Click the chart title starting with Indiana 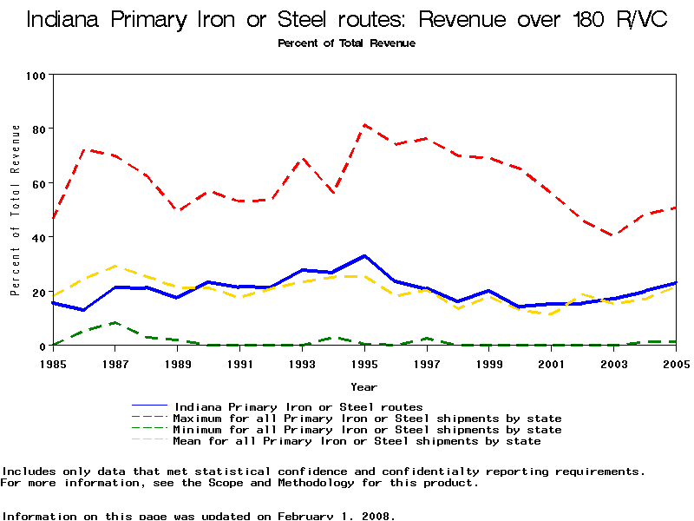coord(347,19)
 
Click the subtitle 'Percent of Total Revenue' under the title coord(347,43)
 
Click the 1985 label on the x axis coord(53,362)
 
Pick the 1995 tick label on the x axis coord(364,362)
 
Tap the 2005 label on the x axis coord(676,362)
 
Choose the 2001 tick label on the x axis coord(552,362)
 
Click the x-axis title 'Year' coord(363,386)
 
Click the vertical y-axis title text coord(16,210)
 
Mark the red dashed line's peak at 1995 coord(364,125)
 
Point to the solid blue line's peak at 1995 coord(364,256)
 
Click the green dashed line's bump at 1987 coord(115,323)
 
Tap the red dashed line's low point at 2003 coord(613,235)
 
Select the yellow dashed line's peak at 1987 coord(115,266)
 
